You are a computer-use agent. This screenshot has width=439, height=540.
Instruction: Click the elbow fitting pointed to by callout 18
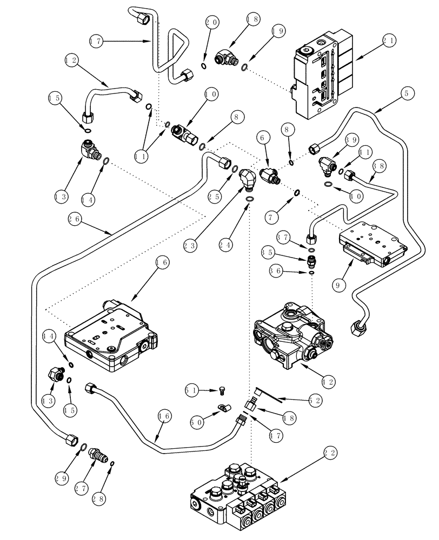(223, 57)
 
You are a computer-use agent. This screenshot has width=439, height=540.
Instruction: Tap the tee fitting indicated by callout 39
(325, 161)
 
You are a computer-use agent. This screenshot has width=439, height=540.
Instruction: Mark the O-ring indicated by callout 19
(244, 67)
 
